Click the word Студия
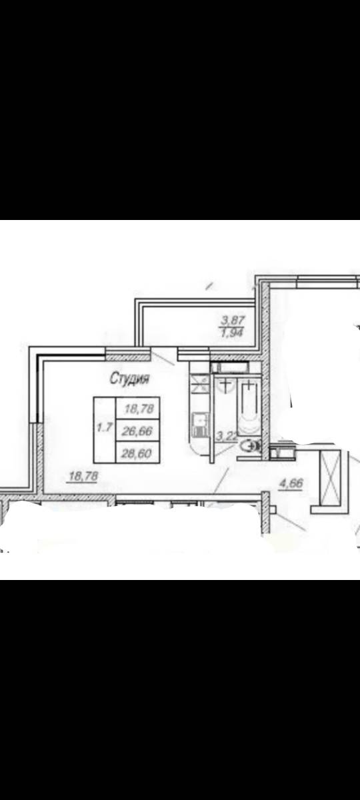(129, 378)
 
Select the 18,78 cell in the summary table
(138, 408)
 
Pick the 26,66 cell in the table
(138, 431)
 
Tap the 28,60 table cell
(138, 453)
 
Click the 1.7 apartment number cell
(105, 430)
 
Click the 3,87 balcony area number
(233, 319)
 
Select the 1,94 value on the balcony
(233, 333)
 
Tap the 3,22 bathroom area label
(227, 436)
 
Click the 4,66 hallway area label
(291, 483)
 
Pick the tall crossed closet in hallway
(331, 478)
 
